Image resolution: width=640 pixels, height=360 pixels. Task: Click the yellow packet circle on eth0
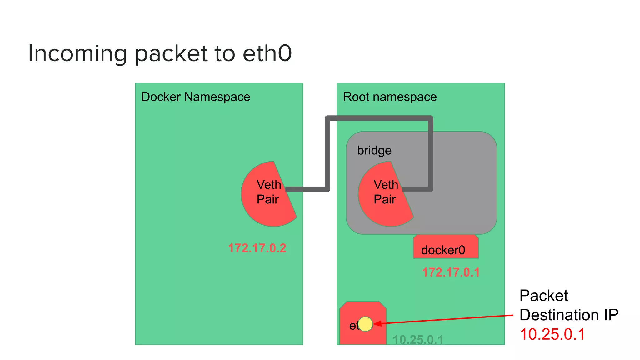[365, 324]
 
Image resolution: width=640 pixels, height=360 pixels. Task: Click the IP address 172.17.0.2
[257, 248]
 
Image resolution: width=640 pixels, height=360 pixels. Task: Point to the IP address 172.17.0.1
[451, 272]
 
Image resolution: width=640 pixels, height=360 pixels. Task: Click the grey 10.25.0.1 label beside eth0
[418, 340]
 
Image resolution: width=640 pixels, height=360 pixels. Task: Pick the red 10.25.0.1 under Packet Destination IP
[552, 334]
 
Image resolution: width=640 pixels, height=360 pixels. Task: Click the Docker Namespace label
[196, 97]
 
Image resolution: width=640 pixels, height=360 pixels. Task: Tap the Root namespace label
[390, 97]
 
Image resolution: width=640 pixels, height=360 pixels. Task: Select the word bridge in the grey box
[374, 151]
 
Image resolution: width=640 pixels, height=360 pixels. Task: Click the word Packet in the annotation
[543, 296]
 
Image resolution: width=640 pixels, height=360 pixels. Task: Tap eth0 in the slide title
[267, 54]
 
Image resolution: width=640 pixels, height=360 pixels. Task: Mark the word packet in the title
[171, 54]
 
